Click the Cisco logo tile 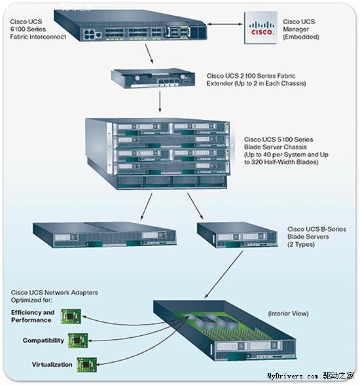tap(261, 27)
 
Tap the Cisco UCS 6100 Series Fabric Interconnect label tap(38, 29)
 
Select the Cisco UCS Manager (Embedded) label tap(301, 29)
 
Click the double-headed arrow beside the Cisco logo tap(225, 24)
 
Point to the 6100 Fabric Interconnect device tap(130, 26)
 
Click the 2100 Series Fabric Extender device tap(153, 79)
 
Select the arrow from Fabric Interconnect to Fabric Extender tap(149, 54)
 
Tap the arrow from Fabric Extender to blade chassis tap(160, 102)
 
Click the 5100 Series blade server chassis tap(158, 154)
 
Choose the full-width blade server tap(105, 234)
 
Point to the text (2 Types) tap(301, 245)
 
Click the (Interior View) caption tap(288, 314)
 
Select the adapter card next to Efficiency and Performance tap(71, 316)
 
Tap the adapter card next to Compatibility tap(78, 340)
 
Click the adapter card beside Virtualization tap(86, 364)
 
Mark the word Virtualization tap(52, 365)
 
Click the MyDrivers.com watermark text tap(293, 376)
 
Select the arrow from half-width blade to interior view tap(224, 274)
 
